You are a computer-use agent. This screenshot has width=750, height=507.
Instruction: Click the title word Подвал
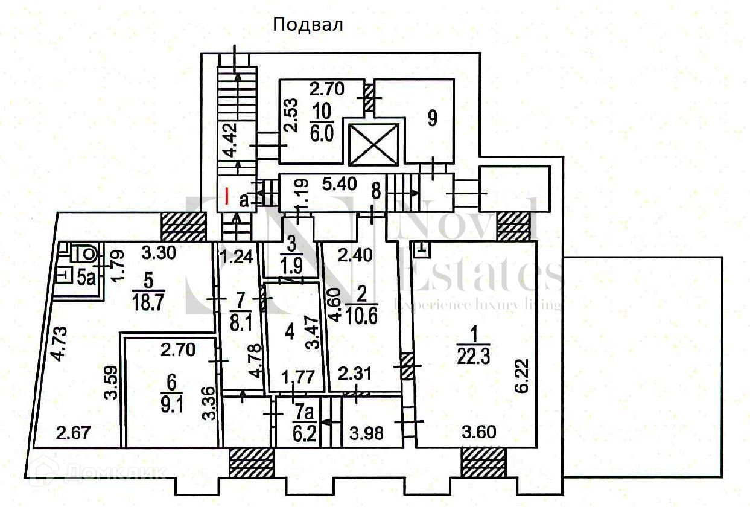[308, 25]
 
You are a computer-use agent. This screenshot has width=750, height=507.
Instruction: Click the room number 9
[432, 118]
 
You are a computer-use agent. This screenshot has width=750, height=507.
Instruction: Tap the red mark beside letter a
[226, 197]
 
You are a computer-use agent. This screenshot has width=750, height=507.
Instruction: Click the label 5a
[87, 278]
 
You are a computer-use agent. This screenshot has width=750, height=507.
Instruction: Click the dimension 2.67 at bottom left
[69, 433]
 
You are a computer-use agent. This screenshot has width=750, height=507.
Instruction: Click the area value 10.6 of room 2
[363, 316]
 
